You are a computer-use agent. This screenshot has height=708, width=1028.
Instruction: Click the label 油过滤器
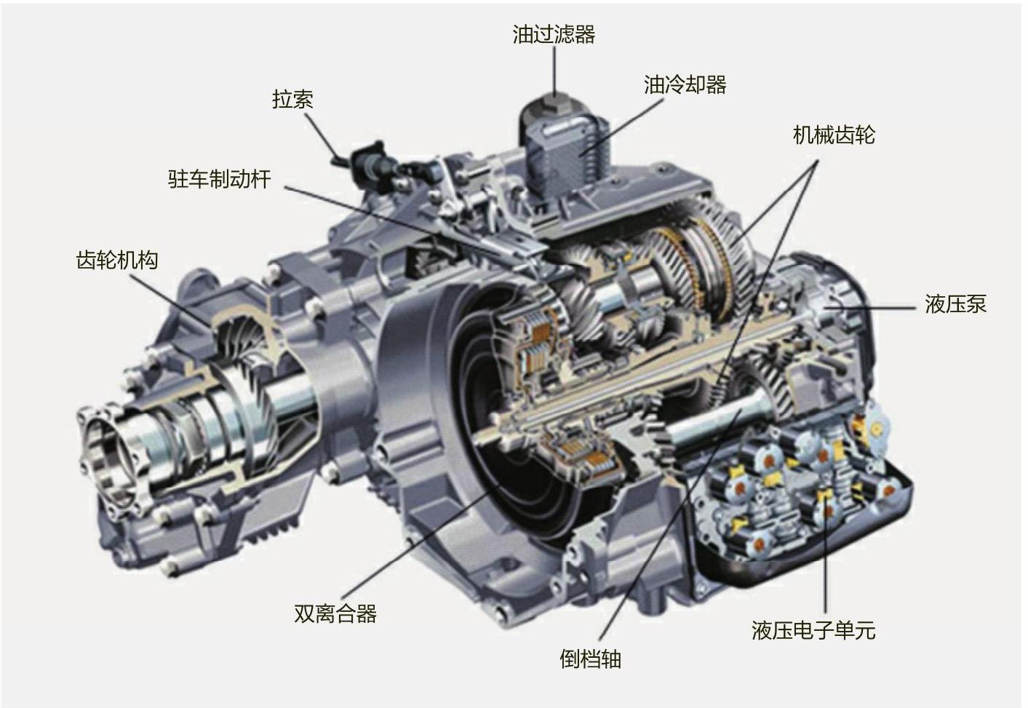[554, 34]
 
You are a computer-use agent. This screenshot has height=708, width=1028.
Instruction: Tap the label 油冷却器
[685, 84]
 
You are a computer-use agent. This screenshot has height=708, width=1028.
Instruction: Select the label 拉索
[292, 99]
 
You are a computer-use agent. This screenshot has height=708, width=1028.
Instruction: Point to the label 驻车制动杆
[220, 178]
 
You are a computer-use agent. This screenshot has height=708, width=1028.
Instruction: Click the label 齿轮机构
[117, 260]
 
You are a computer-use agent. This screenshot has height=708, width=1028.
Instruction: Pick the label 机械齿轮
[834, 135]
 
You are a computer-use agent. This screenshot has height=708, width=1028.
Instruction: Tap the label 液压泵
[955, 304]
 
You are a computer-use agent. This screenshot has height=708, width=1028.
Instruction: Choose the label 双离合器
[335, 613]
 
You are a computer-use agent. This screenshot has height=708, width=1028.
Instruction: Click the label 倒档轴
[590, 659]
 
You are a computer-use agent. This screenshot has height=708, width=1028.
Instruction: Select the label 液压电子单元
[813, 630]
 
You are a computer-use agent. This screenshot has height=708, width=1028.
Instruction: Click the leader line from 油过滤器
[554, 71]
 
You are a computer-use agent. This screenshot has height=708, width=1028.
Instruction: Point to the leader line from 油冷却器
[623, 127]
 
